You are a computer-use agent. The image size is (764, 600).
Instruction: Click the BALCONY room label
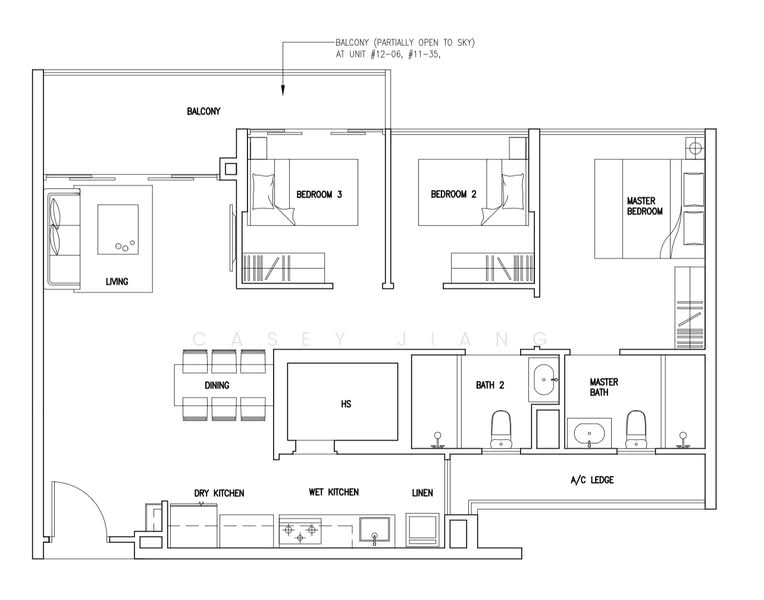coord(203,111)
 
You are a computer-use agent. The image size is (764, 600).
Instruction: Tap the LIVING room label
coord(117,282)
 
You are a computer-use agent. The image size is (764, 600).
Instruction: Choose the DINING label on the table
coord(217,385)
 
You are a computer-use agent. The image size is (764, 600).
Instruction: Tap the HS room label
coord(345,405)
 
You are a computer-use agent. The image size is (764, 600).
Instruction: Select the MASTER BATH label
coord(603,388)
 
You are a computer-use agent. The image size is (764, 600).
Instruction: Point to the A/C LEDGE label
coord(592,480)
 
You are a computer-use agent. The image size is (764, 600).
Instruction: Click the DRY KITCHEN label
coord(219,493)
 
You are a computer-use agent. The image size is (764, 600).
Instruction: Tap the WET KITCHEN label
coord(334,492)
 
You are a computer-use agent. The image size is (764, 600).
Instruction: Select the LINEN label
coord(422,493)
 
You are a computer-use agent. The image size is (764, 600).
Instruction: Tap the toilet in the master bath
coord(634,428)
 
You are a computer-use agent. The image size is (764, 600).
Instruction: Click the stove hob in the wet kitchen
coord(303,531)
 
